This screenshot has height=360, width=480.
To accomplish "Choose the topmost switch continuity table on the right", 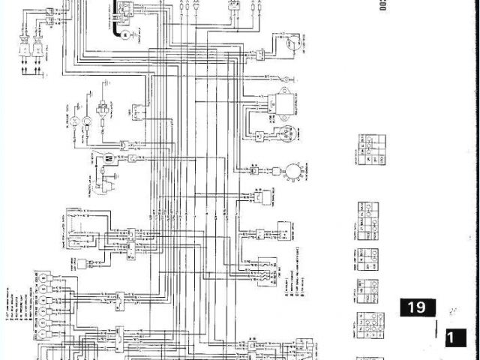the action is pos(370,150).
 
